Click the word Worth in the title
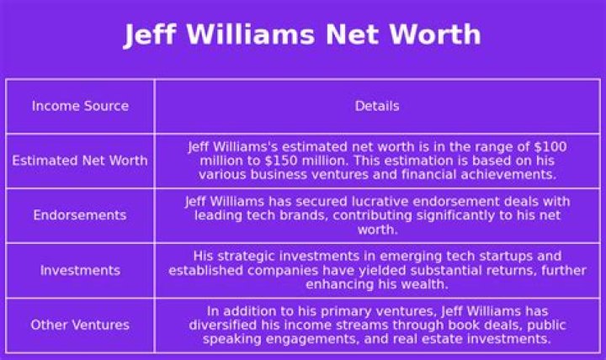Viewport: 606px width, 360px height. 435,34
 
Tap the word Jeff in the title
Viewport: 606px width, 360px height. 150,34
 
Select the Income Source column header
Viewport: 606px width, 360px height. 81,106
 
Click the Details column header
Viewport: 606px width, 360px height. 377,106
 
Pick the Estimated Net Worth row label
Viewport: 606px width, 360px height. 80,161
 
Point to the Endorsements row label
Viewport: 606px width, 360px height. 80,215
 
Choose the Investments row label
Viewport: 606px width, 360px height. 81,270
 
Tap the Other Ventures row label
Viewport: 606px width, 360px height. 80,325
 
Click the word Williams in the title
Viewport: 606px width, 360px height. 251,34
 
